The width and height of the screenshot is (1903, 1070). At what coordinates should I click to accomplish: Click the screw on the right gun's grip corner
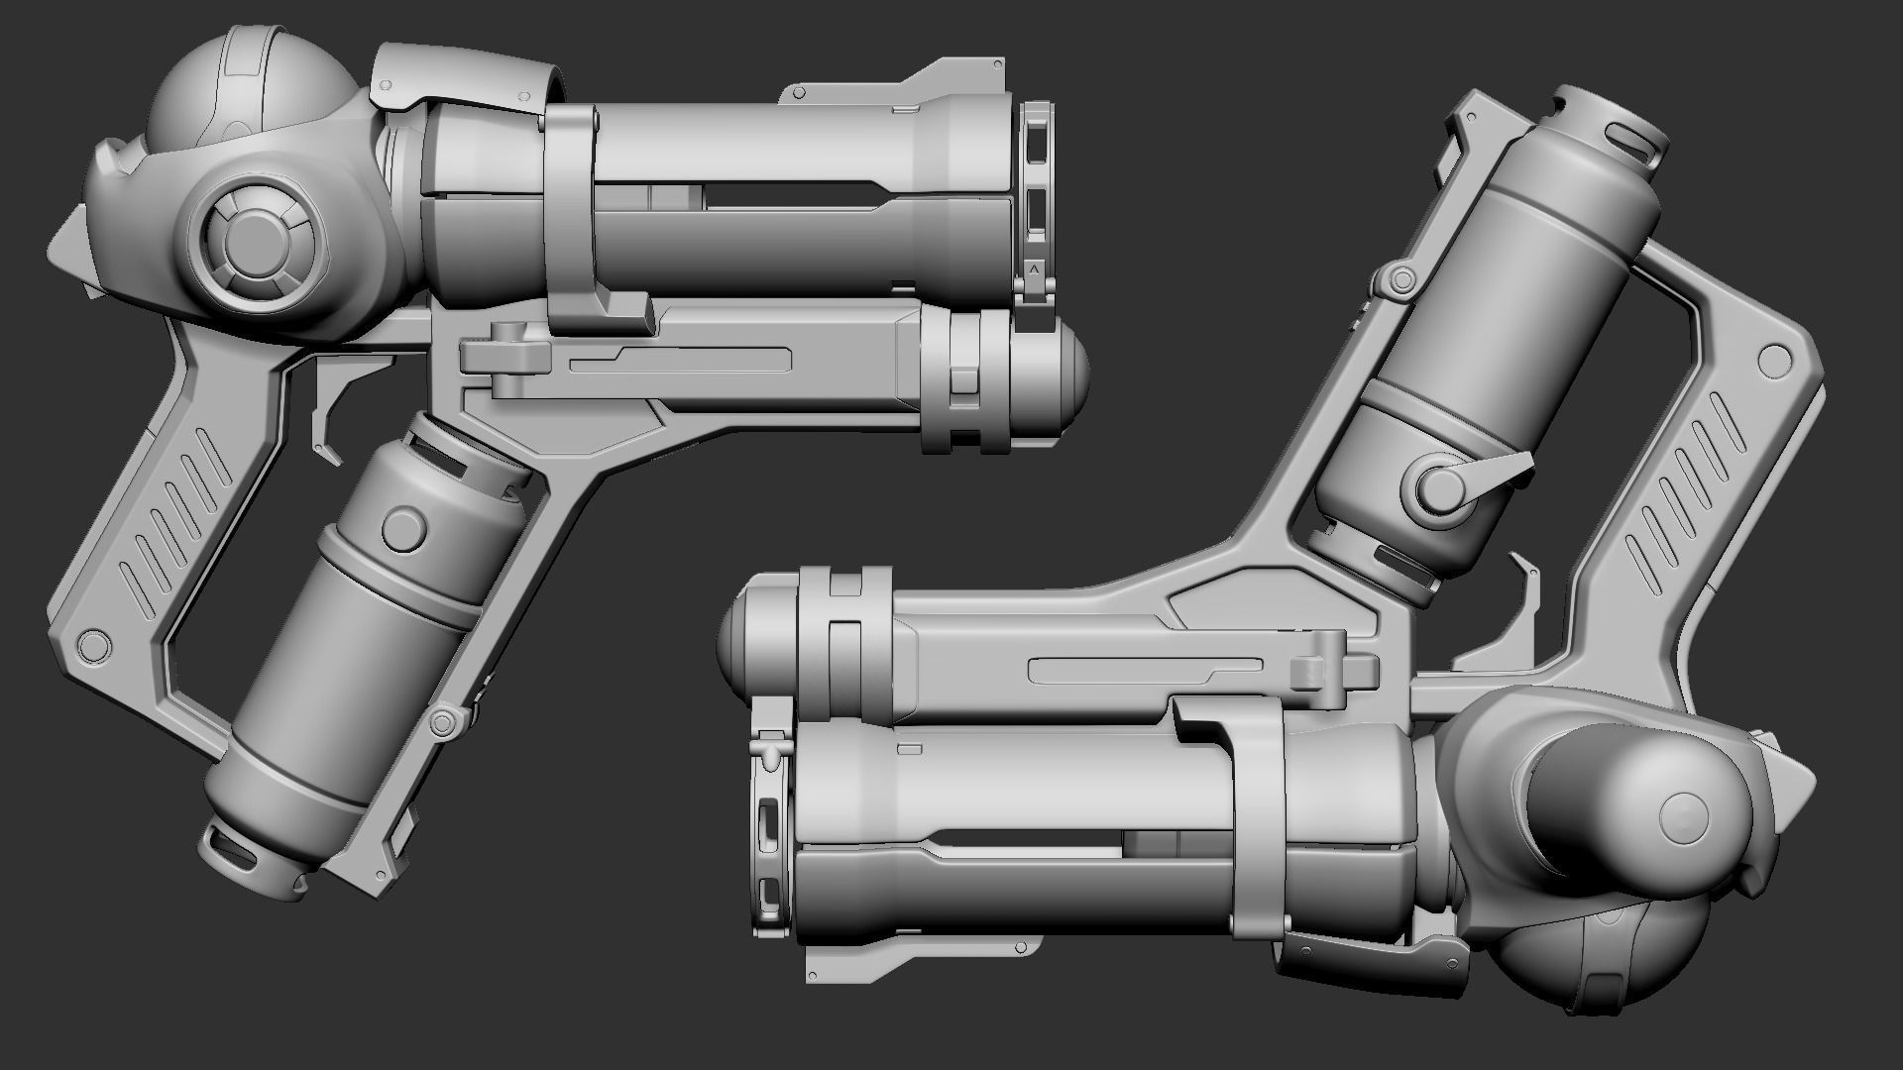1770,360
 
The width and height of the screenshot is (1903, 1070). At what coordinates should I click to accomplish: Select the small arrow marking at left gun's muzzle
1035,267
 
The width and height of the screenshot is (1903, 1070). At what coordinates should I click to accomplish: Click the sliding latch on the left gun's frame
505,352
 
